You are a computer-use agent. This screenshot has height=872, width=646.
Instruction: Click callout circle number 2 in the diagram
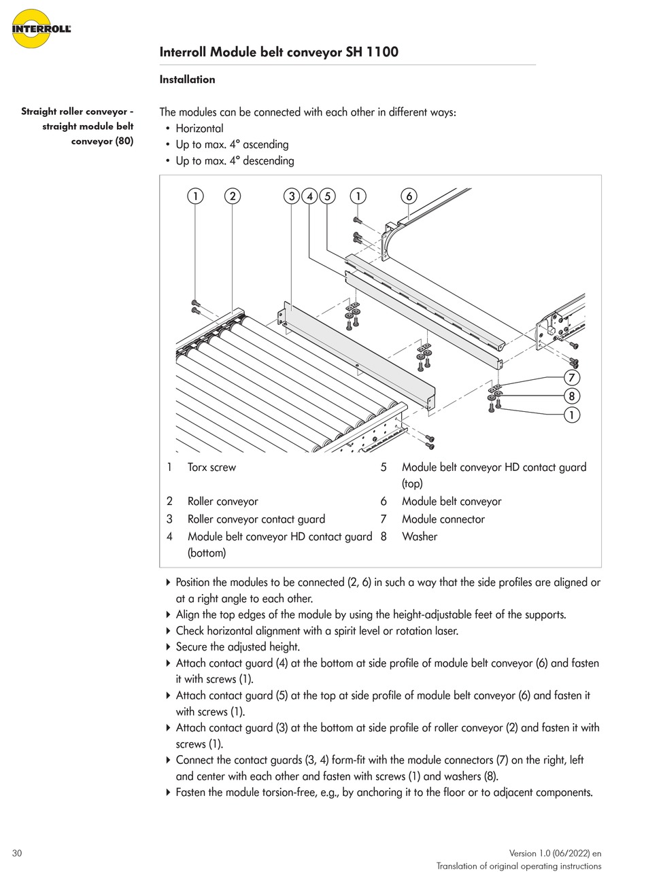233,196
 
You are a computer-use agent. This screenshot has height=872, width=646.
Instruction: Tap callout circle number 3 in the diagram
292,196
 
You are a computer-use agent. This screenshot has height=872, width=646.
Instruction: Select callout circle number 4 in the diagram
310,196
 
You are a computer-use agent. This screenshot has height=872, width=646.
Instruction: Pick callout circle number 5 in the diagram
328,196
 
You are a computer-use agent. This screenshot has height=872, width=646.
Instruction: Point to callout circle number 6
409,196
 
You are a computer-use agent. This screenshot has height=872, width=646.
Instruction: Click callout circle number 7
572,378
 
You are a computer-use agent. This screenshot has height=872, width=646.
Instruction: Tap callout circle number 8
572,396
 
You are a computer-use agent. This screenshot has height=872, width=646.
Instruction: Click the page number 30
17,853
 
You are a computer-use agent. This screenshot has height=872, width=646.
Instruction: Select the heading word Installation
187,80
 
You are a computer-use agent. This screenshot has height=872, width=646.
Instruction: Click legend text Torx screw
211,468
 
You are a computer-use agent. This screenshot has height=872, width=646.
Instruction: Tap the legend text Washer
420,537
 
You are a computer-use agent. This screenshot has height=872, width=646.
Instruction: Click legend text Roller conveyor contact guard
256,519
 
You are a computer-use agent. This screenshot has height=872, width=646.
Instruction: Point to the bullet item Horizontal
199,128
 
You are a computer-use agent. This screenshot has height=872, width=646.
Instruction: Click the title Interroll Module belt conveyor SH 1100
279,52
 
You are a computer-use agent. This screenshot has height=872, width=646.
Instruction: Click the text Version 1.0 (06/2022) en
555,854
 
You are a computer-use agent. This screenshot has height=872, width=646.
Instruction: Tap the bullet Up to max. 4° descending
235,161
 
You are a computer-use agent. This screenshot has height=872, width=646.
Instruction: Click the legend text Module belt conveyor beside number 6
452,502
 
